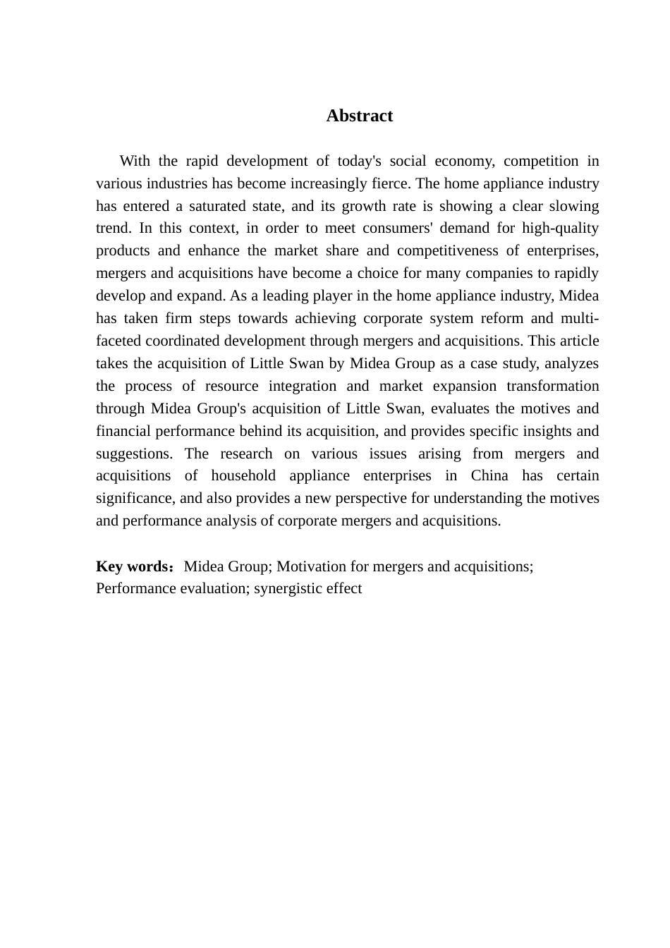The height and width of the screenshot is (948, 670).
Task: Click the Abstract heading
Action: point(359,116)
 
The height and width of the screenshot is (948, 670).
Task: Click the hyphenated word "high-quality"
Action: point(560,228)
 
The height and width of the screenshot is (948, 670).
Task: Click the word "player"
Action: point(346,296)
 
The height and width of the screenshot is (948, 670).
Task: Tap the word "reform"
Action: point(501,318)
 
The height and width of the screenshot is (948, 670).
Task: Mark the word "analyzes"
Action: point(571,363)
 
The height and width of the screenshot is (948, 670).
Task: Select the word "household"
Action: point(243,475)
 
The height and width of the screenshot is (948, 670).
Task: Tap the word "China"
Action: point(489,475)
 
